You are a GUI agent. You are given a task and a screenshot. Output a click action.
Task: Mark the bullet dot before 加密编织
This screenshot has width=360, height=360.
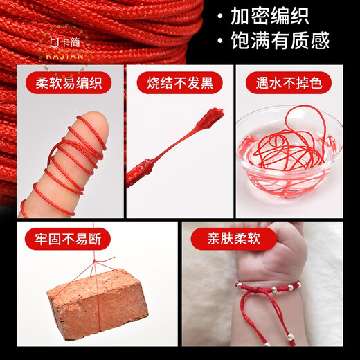221,15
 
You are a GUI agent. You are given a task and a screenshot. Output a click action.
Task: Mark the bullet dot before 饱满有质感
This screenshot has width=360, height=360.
221,41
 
